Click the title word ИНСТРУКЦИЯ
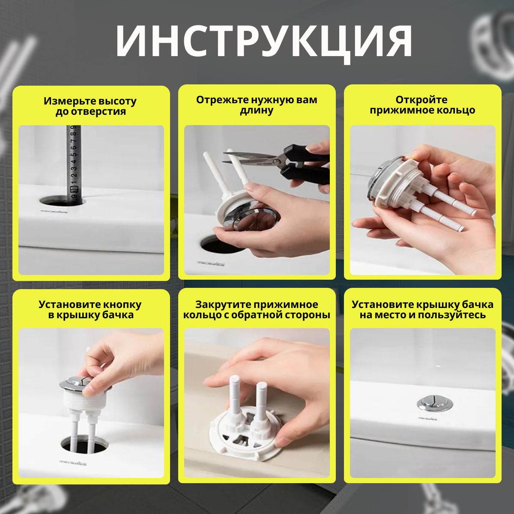pos(263,43)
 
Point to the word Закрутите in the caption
pos(222,305)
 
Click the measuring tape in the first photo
pos(73,165)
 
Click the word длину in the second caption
pos(257,111)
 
